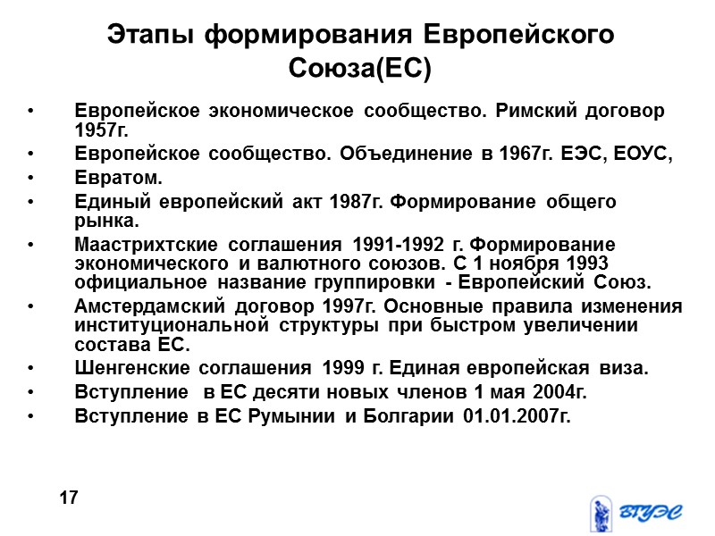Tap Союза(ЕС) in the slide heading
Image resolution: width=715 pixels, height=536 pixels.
coord(360,68)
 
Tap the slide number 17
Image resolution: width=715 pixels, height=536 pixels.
coord(69,497)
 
